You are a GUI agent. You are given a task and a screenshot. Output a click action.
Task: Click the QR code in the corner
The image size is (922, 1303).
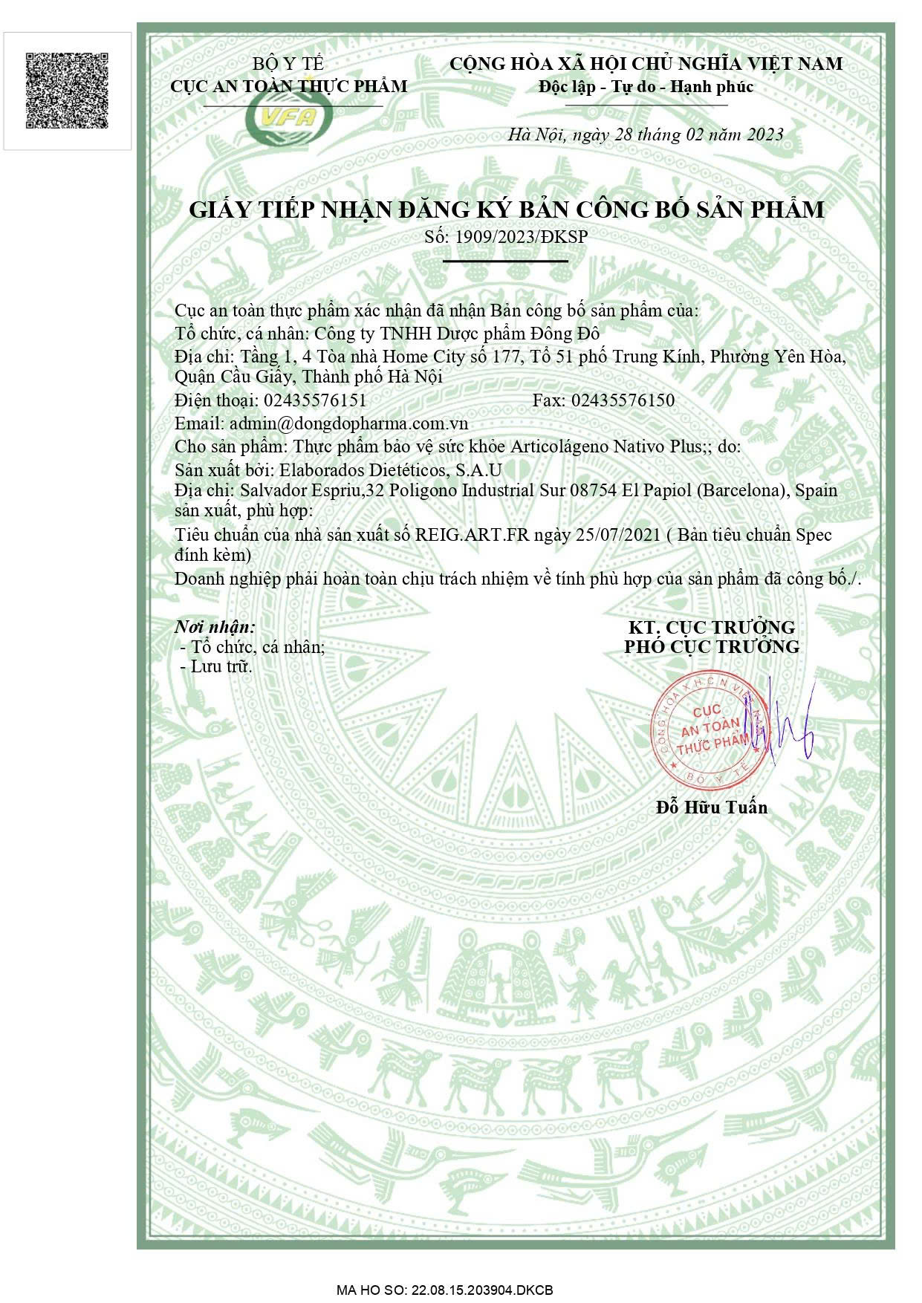68,90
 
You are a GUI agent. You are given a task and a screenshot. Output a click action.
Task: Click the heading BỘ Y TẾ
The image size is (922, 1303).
288,64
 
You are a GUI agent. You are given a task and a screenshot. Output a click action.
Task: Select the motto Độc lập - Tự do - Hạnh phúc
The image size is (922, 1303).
646,87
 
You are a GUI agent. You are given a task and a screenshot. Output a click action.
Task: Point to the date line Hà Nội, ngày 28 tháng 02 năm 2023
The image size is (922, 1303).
646,134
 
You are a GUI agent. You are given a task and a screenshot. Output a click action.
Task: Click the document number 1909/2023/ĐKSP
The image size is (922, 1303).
520,236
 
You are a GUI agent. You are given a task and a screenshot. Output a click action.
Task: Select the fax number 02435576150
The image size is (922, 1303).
623,400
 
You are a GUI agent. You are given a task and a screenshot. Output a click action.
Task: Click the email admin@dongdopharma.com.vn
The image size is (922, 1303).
348,423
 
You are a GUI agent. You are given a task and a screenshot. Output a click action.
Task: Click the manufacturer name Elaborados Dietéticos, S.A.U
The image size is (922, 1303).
390,469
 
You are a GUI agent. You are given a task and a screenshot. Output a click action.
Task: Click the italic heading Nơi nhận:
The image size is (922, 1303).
215,626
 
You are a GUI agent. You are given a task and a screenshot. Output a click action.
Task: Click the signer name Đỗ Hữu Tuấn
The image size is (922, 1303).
712,807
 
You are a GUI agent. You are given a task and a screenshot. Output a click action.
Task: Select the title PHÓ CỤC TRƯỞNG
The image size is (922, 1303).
712,646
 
